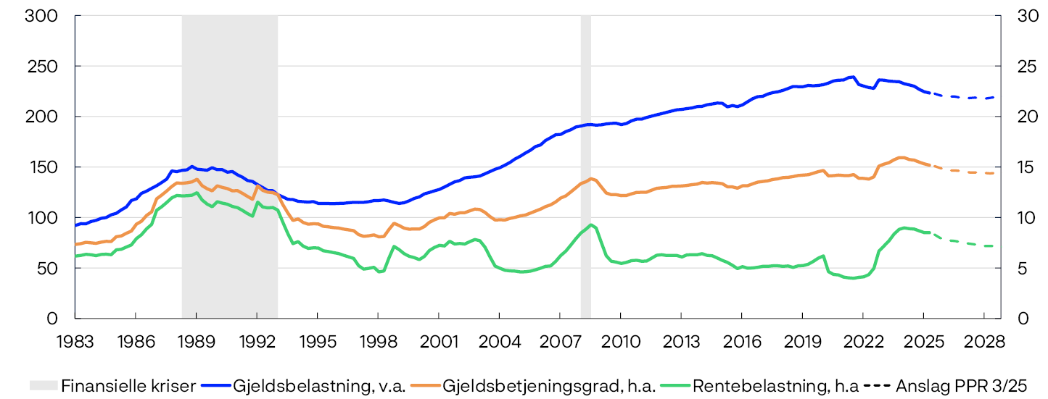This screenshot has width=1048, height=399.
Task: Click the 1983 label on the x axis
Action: pyautogui.click(x=75, y=341)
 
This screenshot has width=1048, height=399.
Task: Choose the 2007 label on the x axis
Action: pyautogui.click(x=559, y=341)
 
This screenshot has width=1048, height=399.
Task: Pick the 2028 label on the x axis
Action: pyautogui.click(x=983, y=341)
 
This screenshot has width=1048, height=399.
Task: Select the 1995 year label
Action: pyautogui.click(x=317, y=341)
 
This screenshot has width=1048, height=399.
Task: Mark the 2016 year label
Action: pyautogui.click(x=741, y=341)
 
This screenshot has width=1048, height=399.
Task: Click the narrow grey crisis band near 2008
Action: pyautogui.click(x=585, y=167)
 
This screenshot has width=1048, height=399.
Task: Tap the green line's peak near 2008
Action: pyautogui.click(x=592, y=224)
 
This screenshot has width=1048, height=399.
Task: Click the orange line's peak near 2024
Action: pyautogui.click(x=901, y=157)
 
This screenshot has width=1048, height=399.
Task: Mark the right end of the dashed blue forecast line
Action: pyautogui.click(x=994, y=97)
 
